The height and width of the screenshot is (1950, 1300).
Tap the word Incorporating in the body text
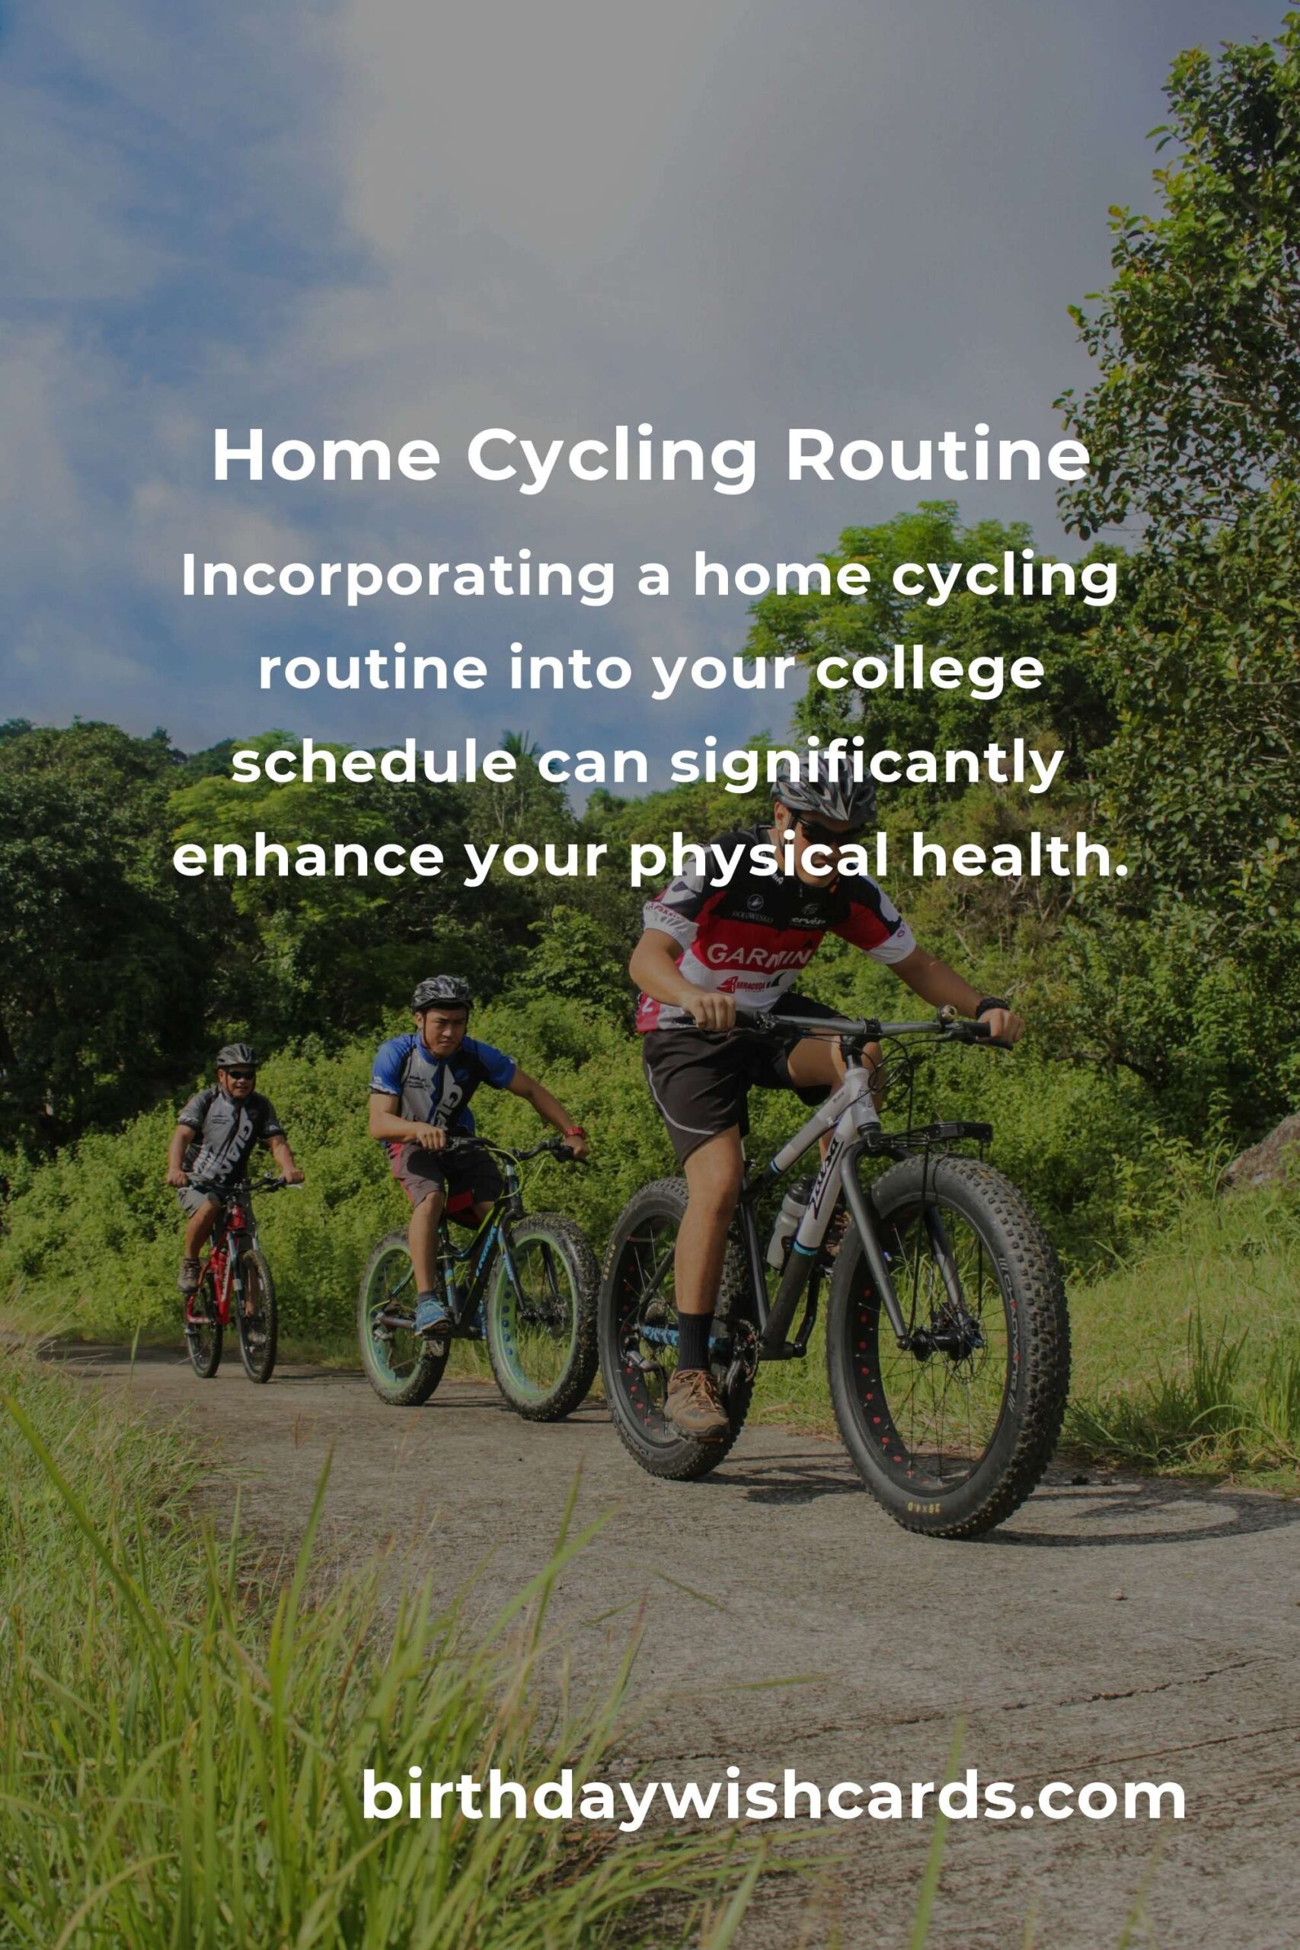pos(397,577)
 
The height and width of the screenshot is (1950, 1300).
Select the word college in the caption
pos(929,672)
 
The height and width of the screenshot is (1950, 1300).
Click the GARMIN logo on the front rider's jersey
pos(758,956)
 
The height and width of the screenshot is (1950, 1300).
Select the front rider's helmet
pos(822,796)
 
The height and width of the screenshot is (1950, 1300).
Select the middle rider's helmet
pos(442,992)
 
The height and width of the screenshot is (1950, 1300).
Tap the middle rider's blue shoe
pos(431,1315)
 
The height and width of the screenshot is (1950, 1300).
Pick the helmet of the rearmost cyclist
pos(236,1056)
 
